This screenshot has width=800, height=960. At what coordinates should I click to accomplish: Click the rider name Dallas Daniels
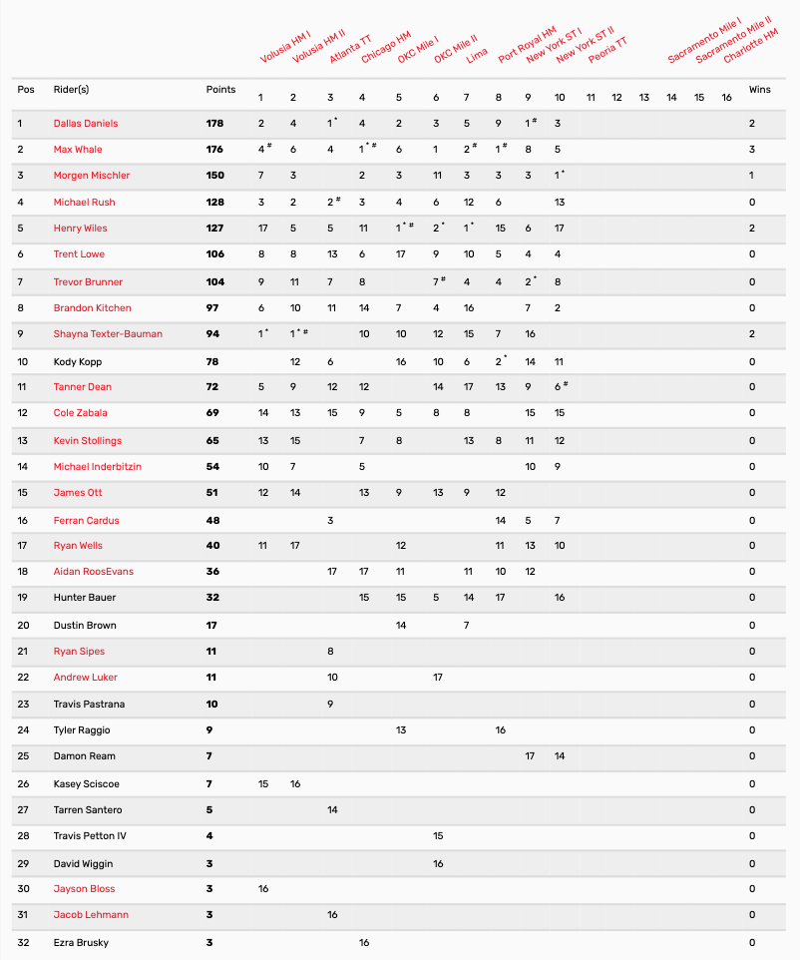(86, 124)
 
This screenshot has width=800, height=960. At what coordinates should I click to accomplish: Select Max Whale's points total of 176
(215, 150)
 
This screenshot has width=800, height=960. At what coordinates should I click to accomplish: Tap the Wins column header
(760, 90)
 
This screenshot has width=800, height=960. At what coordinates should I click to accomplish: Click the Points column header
(220, 90)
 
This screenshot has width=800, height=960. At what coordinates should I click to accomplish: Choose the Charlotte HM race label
(750, 44)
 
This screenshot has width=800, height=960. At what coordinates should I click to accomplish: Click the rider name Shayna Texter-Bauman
(108, 334)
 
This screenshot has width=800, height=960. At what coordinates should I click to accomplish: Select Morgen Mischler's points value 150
(215, 176)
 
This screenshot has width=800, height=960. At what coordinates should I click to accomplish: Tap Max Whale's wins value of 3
(752, 150)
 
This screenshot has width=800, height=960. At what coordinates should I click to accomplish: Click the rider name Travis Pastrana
(89, 705)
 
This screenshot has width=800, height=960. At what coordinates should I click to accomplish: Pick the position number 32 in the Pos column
(22, 943)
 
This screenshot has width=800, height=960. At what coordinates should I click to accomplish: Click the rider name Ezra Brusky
(81, 943)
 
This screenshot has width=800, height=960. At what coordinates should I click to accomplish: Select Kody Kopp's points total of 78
(212, 362)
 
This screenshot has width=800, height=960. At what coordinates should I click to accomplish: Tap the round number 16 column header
(726, 97)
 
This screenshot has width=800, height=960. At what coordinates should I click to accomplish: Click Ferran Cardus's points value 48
(212, 521)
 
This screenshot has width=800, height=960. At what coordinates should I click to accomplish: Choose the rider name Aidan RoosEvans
(94, 572)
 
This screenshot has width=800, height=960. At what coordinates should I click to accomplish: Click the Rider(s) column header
(71, 90)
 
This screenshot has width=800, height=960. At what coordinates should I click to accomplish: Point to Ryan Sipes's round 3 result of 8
(331, 651)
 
